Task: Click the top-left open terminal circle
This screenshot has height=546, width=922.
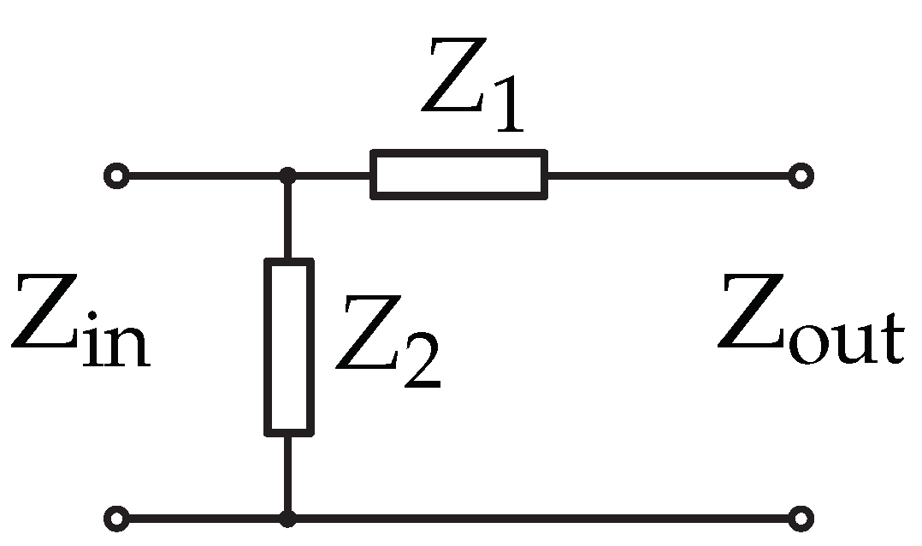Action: (115, 177)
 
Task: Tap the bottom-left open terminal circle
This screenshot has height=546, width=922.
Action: (115, 519)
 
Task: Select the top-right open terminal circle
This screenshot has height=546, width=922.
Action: (801, 177)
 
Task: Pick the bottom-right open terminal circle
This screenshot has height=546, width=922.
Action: (801, 519)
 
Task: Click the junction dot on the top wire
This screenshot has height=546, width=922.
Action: (288, 177)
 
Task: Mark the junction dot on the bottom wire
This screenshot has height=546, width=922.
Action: (288, 519)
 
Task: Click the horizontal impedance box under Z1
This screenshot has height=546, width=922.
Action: (458, 175)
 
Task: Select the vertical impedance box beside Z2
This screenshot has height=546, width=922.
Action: (288, 347)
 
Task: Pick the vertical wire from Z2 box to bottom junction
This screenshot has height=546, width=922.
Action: (288, 475)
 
